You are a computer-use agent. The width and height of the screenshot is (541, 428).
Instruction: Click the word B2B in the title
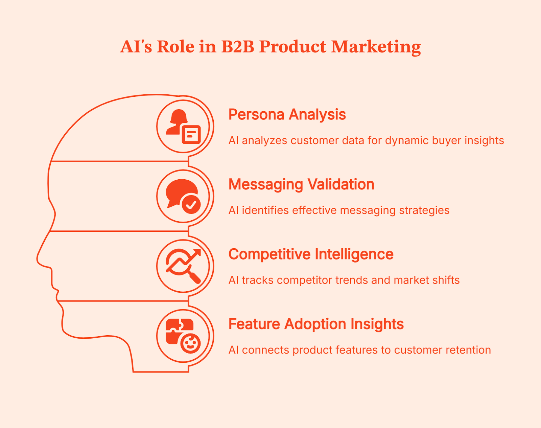click(x=238, y=47)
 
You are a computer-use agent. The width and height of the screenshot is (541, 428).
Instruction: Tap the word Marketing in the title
click(x=376, y=47)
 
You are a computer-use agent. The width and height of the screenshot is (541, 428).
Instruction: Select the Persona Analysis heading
click(x=287, y=115)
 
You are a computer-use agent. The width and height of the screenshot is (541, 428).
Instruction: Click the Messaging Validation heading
click(x=301, y=185)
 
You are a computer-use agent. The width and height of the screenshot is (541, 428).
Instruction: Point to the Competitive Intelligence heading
click(x=311, y=254)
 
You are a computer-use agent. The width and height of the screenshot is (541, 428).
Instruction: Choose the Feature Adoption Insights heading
click(x=316, y=324)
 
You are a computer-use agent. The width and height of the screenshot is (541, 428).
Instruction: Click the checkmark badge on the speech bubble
click(x=191, y=204)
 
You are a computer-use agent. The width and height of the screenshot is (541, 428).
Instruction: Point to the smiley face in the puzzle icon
click(x=191, y=344)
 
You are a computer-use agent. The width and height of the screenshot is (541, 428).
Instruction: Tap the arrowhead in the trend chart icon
click(x=197, y=252)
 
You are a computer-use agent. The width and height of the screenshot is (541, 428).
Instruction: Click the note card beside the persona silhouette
click(x=191, y=134)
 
